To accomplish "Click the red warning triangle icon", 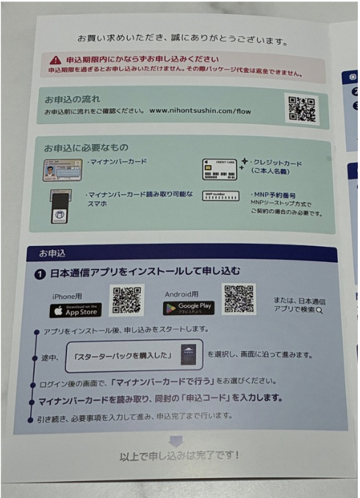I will click(55, 59).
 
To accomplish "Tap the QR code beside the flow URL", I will click(301, 108).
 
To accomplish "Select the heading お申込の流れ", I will click(71, 99).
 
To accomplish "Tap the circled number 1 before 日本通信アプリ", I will click(43, 273).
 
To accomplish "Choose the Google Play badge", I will click(188, 308).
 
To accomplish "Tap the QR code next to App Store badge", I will click(126, 300).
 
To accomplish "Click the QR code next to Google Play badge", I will click(239, 300).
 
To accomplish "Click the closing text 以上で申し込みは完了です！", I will click(179, 456).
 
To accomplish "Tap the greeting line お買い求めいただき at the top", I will click(181, 37).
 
